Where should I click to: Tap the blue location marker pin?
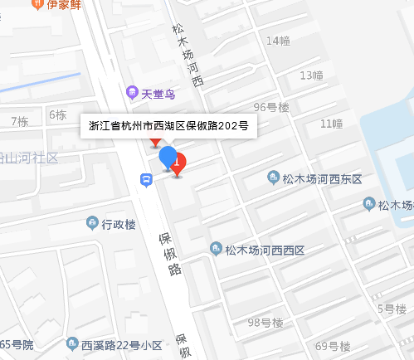click(168, 158)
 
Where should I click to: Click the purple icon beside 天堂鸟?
click(130, 91)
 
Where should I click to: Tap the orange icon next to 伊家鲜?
click(37, 4)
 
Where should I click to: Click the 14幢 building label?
click(278, 41)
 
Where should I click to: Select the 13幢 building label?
click(310, 75)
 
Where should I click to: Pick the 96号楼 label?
click(271, 107)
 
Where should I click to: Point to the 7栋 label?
click(19, 121)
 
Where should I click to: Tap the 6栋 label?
click(57, 114)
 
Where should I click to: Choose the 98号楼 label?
click(265, 323)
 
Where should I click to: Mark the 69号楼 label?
click(334, 345)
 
